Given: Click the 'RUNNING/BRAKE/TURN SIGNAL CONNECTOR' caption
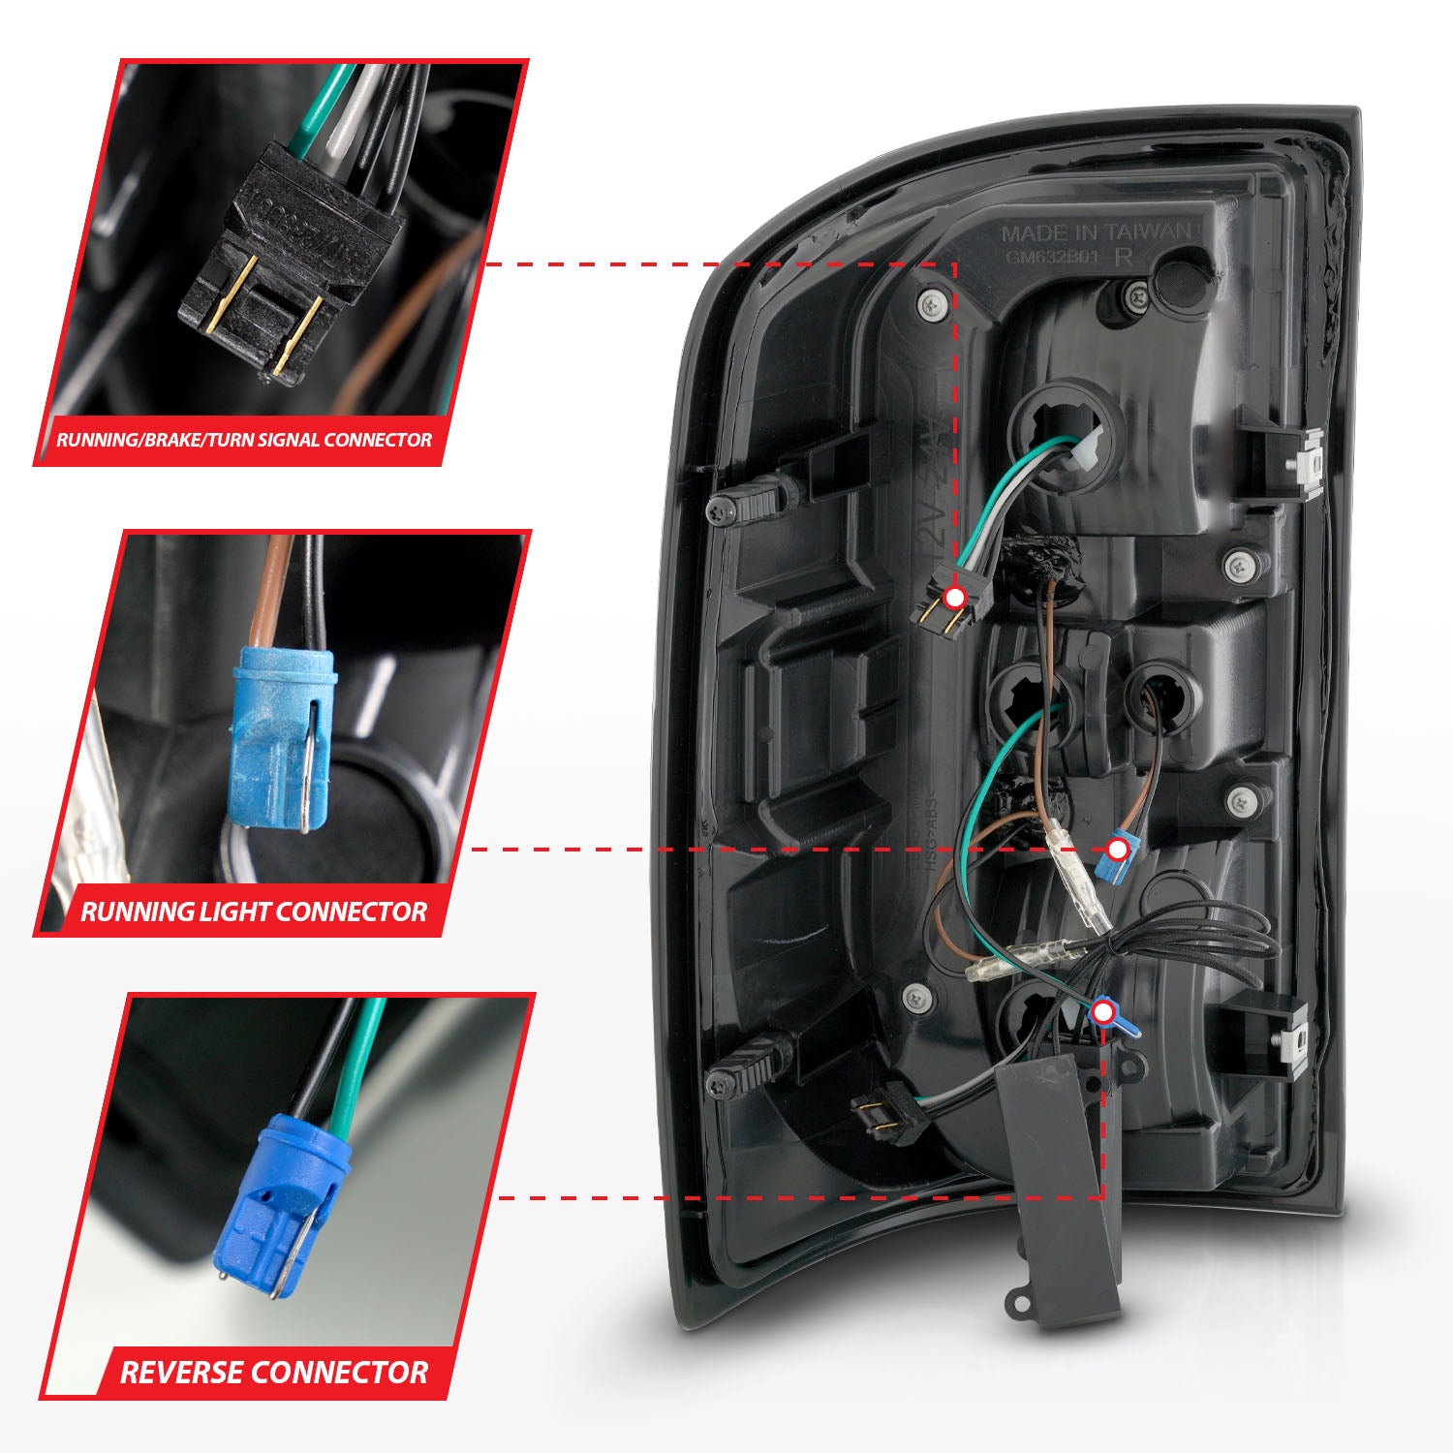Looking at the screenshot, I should pyautogui.click(x=244, y=440).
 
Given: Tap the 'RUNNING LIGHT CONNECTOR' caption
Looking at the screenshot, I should pyautogui.click(x=254, y=912).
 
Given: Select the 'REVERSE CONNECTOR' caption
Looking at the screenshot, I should pyautogui.click(x=274, y=1372).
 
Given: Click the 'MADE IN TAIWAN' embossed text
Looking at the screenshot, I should pyautogui.click(x=1095, y=233).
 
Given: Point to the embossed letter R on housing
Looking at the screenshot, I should pyautogui.click(x=1125, y=258).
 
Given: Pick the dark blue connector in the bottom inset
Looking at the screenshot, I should pyautogui.click(x=266, y=1205).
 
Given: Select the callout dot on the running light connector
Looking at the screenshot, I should pyautogui.click(x=1117, y=850).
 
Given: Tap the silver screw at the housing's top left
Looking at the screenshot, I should pyautogui.click(x=931, y=303).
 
